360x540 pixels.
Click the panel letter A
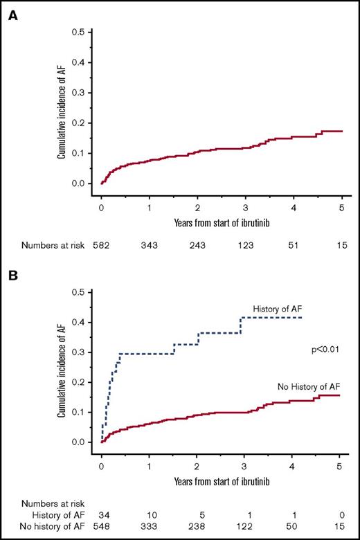click(x=12, y=15)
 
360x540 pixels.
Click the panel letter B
click(x=12, y=275)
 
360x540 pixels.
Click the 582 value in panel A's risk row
click(x=102, y=245)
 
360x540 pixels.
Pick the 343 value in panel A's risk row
click(x=150, y=245)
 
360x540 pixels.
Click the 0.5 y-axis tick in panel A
click(x=82, y=32)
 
